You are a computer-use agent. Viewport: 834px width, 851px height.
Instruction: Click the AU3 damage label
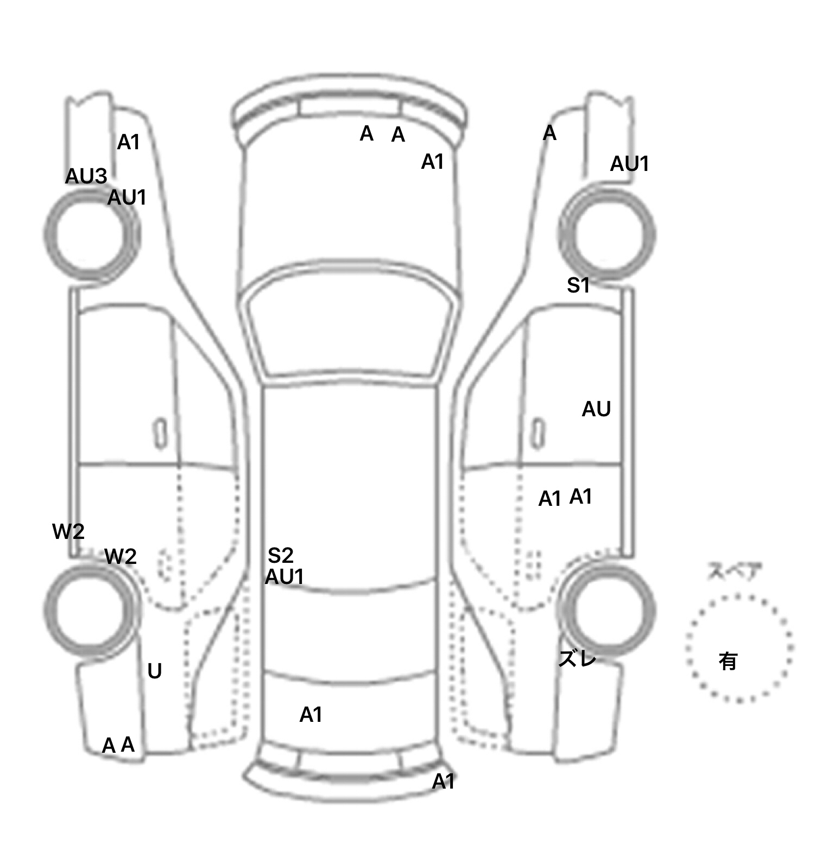(86, 176)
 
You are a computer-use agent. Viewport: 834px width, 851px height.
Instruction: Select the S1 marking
(578, 285)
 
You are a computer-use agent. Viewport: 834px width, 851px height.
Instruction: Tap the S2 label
(281, 555)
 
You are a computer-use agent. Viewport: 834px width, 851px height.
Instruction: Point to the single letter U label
(155, 672)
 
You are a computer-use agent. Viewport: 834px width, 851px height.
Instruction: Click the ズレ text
(577, 659)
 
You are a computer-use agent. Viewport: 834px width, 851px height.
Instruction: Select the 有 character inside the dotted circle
(728, 661)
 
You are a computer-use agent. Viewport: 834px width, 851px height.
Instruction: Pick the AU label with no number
(596, 409)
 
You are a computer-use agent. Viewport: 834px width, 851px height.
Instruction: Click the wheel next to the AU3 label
(91, 234)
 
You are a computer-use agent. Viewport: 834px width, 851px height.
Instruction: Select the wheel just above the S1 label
(607, 234)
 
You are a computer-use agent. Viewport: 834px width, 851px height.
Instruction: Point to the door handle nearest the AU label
(538, 434)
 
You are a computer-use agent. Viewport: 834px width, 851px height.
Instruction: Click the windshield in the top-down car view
(350, 331)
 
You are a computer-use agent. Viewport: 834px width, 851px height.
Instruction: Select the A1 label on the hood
(433, 162)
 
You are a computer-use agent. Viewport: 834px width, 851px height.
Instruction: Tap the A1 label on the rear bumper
(443, 782)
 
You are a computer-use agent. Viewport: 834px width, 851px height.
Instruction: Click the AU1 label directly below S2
(284, 577)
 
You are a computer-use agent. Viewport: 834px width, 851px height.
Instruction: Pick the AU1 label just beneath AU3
(127, 198)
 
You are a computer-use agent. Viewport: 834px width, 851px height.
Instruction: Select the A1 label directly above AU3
(129, 142)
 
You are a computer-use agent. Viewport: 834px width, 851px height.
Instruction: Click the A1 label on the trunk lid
(311, 715)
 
